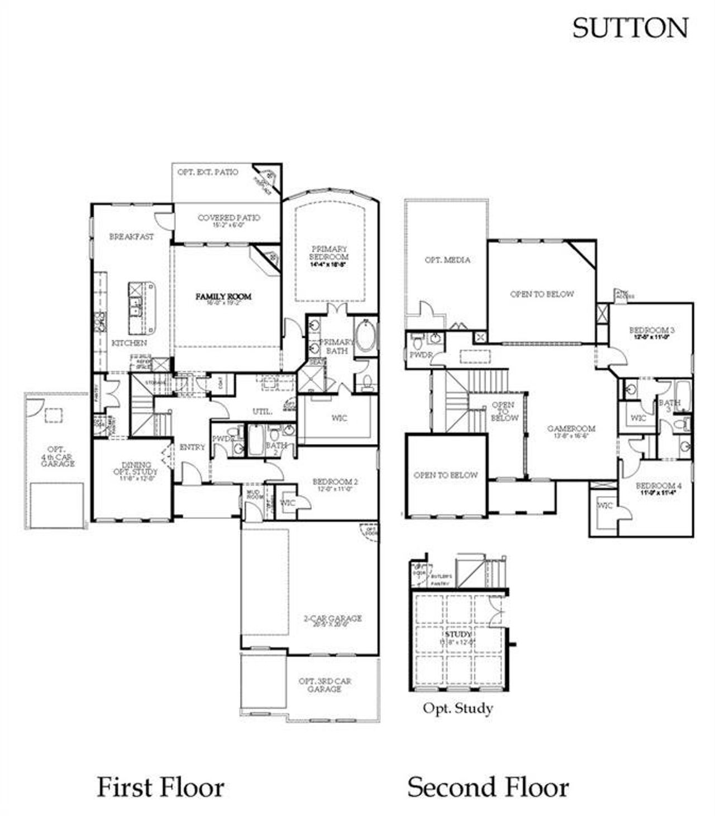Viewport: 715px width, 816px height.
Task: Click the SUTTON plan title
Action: click(630, 28)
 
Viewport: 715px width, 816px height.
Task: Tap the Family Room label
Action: click(223, 297)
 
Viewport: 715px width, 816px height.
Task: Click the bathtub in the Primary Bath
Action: click(366, 335)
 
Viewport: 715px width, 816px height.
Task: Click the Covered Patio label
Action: click(228, 218)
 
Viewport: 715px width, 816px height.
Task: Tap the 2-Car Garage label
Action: click(332, 618)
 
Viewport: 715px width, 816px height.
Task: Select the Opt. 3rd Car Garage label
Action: click(325, 685)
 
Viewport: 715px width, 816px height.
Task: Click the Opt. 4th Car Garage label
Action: click(58, 456)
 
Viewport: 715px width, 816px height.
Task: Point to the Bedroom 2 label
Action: click(335, 481)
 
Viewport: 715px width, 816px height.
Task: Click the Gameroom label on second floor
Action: click(571, 429)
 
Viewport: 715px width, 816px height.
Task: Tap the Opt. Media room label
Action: click(447, 260)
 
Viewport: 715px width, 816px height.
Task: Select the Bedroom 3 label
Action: click(652, 330)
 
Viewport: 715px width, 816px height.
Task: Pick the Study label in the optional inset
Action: click(458, 634)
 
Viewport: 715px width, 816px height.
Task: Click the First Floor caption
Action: click(160, 787)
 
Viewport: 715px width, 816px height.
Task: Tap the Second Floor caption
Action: click(488, 787)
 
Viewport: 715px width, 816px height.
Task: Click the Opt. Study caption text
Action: click(457, 708)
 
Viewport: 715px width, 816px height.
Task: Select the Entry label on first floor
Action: click(192, 447)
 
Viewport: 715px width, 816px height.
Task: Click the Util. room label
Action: click(262, 412)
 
